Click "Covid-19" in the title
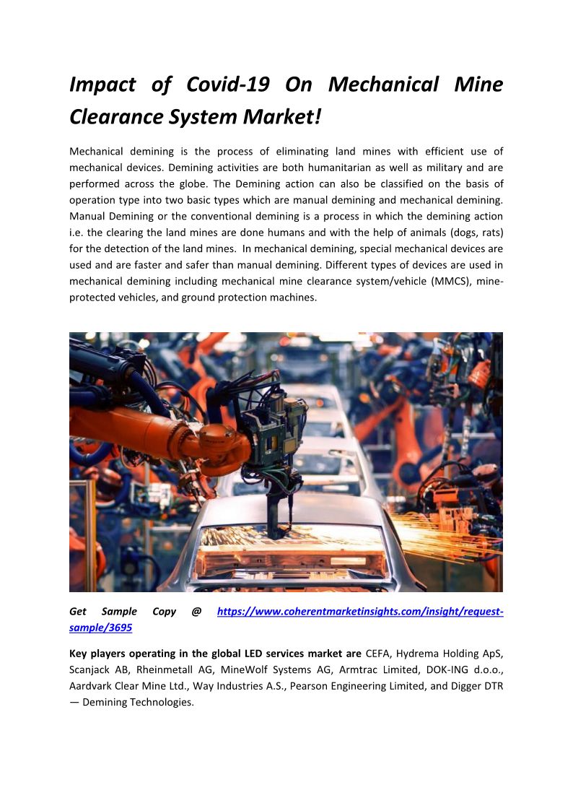pos(227,84)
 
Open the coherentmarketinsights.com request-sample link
pos(359,612)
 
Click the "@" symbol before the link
pos(196,612)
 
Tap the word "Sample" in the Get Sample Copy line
pos(119,612)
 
